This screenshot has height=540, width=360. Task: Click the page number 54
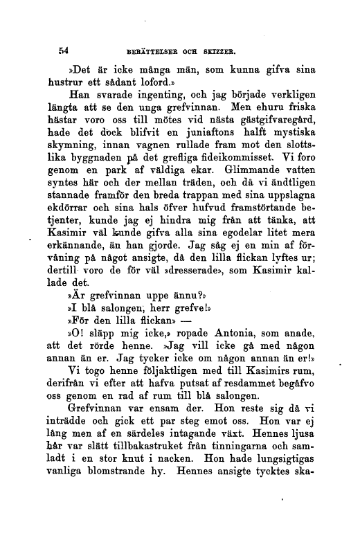point(66,51)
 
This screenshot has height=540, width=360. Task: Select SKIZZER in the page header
point(236,51)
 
